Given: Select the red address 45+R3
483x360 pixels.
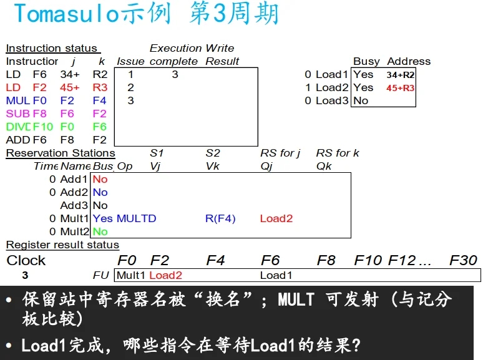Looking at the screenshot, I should [x=400, y=88].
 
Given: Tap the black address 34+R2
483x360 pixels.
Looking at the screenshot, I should [x=400, y=75].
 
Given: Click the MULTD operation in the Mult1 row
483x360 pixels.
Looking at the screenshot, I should [x=136, y=218].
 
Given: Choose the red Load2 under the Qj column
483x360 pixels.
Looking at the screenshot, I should [x=276, y=218].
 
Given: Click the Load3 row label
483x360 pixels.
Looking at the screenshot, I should [x=332, y=100].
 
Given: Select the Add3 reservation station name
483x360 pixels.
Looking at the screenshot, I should [x=74, y=205].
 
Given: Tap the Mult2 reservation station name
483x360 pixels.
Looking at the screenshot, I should [x=75, y=231].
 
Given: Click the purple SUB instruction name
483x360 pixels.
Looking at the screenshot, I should [x=17, y=114].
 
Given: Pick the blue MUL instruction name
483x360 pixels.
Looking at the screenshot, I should [x=17, y=100].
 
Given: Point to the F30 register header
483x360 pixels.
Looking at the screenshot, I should [x=463, y=260].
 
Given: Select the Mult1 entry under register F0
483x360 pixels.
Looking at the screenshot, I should [x=131, y=275].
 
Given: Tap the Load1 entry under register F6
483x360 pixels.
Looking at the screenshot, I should [x=276, y=275].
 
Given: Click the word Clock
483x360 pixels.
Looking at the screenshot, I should [x=26, y=260].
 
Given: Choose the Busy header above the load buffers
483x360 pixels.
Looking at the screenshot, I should [x=366, y=61].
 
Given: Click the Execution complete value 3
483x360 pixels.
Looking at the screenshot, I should [x=175, y=74].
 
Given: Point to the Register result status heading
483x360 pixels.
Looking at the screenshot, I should [x=62, y=245].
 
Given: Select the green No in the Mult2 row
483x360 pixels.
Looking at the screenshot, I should [x=100, y=231].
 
